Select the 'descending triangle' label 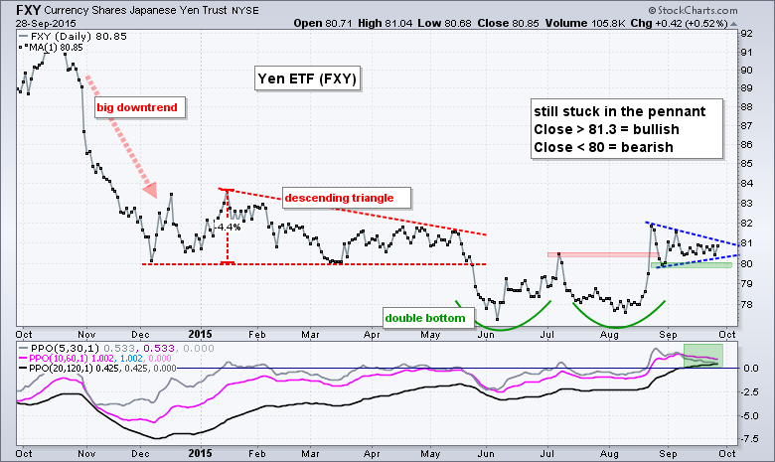332,197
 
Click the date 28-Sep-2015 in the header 30,22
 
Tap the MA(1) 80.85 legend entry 50,45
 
